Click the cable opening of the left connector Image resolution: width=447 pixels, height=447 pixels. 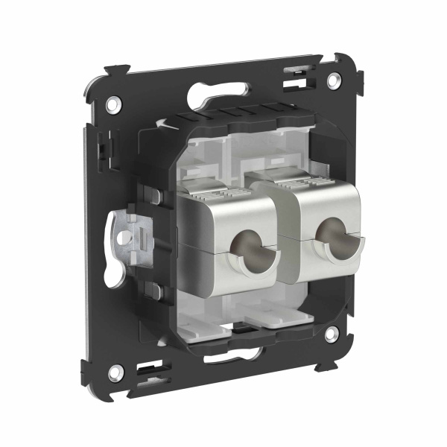(247, 247)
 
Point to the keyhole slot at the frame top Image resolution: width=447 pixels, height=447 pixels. (220, 91)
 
